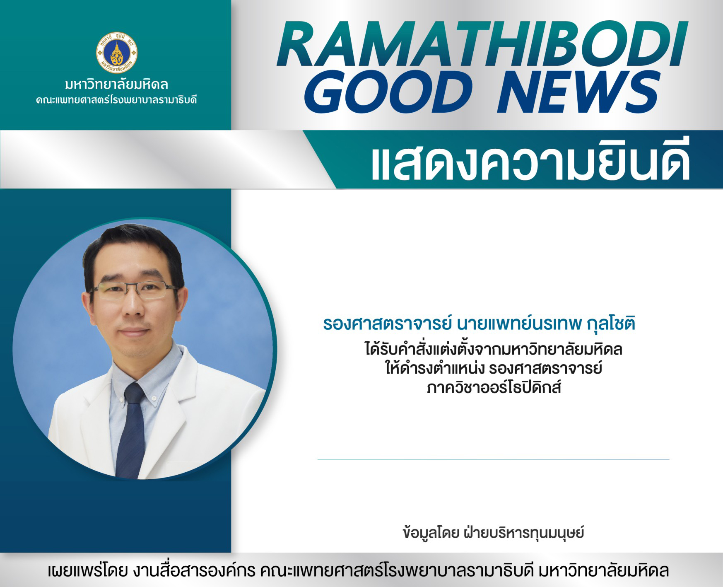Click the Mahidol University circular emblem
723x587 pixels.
click(x=117, y=53)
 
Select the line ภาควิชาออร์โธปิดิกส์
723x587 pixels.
click(x=494, y=388)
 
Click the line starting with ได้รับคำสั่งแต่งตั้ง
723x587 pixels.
click(x=494, y=349)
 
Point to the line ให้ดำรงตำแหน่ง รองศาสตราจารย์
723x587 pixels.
click(x=494, y=368)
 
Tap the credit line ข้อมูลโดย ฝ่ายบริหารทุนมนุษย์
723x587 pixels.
click(x=493, y=532)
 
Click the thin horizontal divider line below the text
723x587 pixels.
click(x=493, y=459)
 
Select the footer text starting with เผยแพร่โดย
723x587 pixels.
click(x=358, y=570)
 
